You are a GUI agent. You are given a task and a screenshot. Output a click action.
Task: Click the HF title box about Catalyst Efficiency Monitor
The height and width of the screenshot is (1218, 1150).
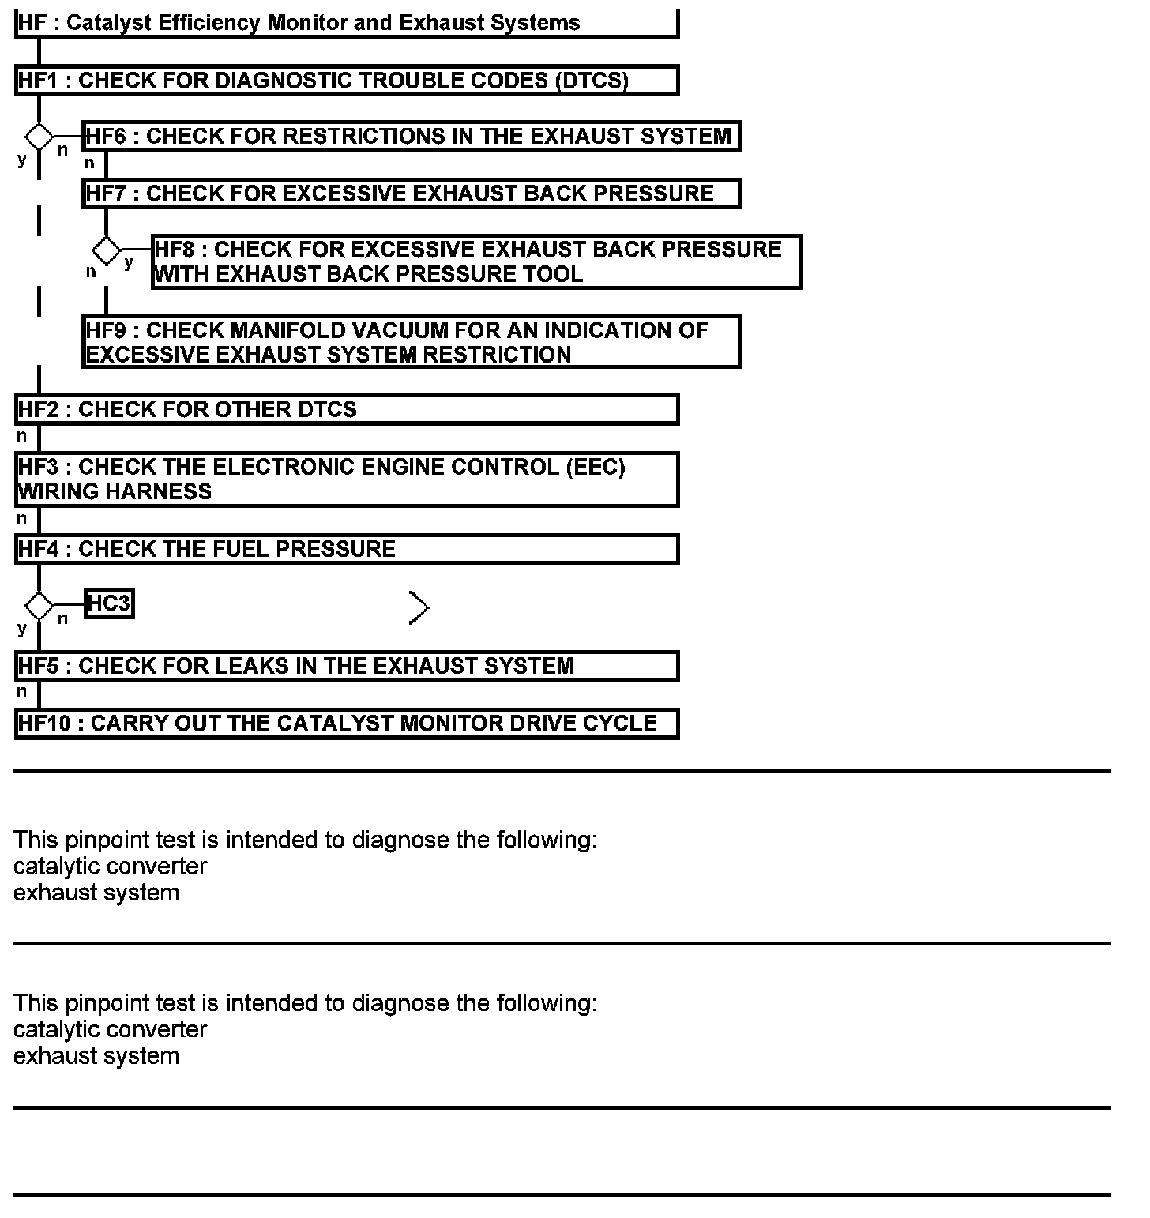click(x=346, y=23)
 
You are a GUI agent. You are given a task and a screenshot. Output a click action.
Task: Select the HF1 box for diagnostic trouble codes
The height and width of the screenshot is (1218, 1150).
click(x=346, y=81)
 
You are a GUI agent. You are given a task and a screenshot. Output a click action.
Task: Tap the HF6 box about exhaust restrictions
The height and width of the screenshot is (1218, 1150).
click(x=411, y=137)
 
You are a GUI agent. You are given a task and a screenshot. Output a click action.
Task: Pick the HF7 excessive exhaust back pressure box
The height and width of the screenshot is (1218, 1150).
click(x=411, y=194)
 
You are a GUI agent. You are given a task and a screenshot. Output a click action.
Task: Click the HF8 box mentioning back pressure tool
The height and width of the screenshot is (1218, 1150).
click(x=476, y=261)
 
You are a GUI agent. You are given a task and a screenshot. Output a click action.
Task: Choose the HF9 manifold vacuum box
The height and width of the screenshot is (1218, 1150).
click(x=411, y=342)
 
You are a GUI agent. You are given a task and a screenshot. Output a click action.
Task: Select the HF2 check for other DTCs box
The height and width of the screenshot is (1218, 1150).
click(x=346, y=410)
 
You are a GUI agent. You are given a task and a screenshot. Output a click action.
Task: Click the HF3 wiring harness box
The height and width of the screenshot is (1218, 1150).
click(x=346, y=479)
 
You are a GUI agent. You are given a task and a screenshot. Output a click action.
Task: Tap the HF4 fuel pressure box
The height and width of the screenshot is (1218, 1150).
click(x=346, y=549)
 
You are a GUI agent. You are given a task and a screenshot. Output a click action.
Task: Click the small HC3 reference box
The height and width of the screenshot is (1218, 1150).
click(x=108, y=604)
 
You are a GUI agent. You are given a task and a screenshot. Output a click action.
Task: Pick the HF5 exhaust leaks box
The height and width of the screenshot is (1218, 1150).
click(x=346, y=666)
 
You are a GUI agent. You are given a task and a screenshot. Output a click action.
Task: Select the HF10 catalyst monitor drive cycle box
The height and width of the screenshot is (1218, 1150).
click(x=346, y=724)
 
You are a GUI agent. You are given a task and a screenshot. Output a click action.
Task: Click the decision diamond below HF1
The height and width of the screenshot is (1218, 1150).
click(x=39, y=137)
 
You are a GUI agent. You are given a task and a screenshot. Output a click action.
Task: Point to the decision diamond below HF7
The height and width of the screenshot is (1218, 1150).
click(x=106, y=251)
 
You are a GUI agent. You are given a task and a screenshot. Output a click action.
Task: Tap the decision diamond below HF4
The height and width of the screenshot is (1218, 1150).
click(x=39, y=607)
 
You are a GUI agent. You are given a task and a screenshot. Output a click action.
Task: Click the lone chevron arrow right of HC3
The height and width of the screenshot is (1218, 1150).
click(x=419, y=607)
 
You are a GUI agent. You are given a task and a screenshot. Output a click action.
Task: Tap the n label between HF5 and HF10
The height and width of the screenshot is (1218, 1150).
click(x=22, y=692)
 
